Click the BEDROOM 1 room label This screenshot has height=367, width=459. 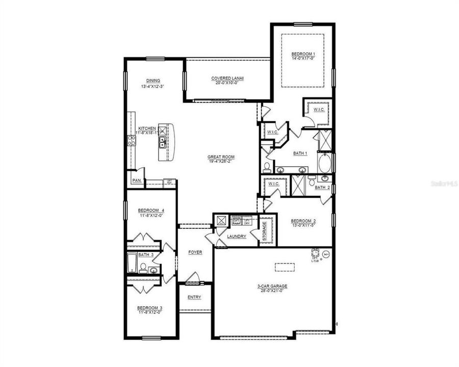point(303,54)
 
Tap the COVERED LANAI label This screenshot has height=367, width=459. point(227,78)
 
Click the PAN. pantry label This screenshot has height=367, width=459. point(136,180)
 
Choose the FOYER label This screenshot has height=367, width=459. point(195,252)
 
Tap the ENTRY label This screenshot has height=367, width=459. point(194,297)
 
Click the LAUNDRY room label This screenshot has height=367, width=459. point(237,237)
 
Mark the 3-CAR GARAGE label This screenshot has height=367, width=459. point(272,286)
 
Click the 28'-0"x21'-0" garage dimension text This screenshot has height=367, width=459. point(272,291)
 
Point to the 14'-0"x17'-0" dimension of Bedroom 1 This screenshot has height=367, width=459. point(303,59)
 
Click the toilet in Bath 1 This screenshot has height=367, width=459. point(267,167)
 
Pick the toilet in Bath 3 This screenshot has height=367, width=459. point(144,268)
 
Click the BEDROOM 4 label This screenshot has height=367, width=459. point(151,211)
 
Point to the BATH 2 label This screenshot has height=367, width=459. point(322,188)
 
